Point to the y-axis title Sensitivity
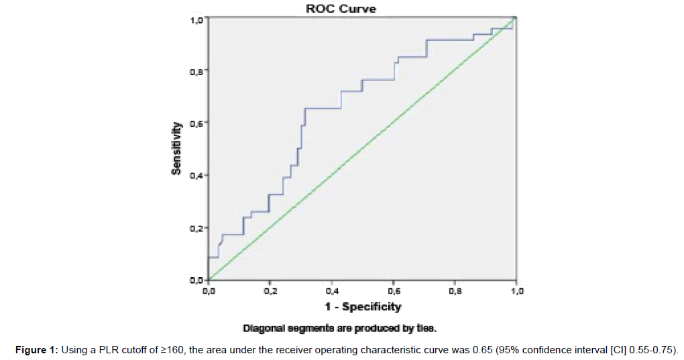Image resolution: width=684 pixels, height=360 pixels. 176,148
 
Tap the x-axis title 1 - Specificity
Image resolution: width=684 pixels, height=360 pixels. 363,307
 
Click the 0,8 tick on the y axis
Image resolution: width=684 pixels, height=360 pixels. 196,70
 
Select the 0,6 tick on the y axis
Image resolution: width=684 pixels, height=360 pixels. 196,123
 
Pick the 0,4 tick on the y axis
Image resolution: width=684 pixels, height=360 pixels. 196,176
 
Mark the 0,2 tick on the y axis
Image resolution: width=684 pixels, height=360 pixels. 196,228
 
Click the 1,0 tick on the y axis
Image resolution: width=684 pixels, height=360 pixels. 196,20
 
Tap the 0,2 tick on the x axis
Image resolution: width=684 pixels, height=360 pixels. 270,292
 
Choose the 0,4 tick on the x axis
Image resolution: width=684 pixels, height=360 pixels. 331,292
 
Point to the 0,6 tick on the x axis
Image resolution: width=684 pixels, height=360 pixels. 393,292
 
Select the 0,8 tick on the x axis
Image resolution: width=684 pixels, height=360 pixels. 455,292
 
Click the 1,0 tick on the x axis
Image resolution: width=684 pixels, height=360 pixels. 516,292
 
